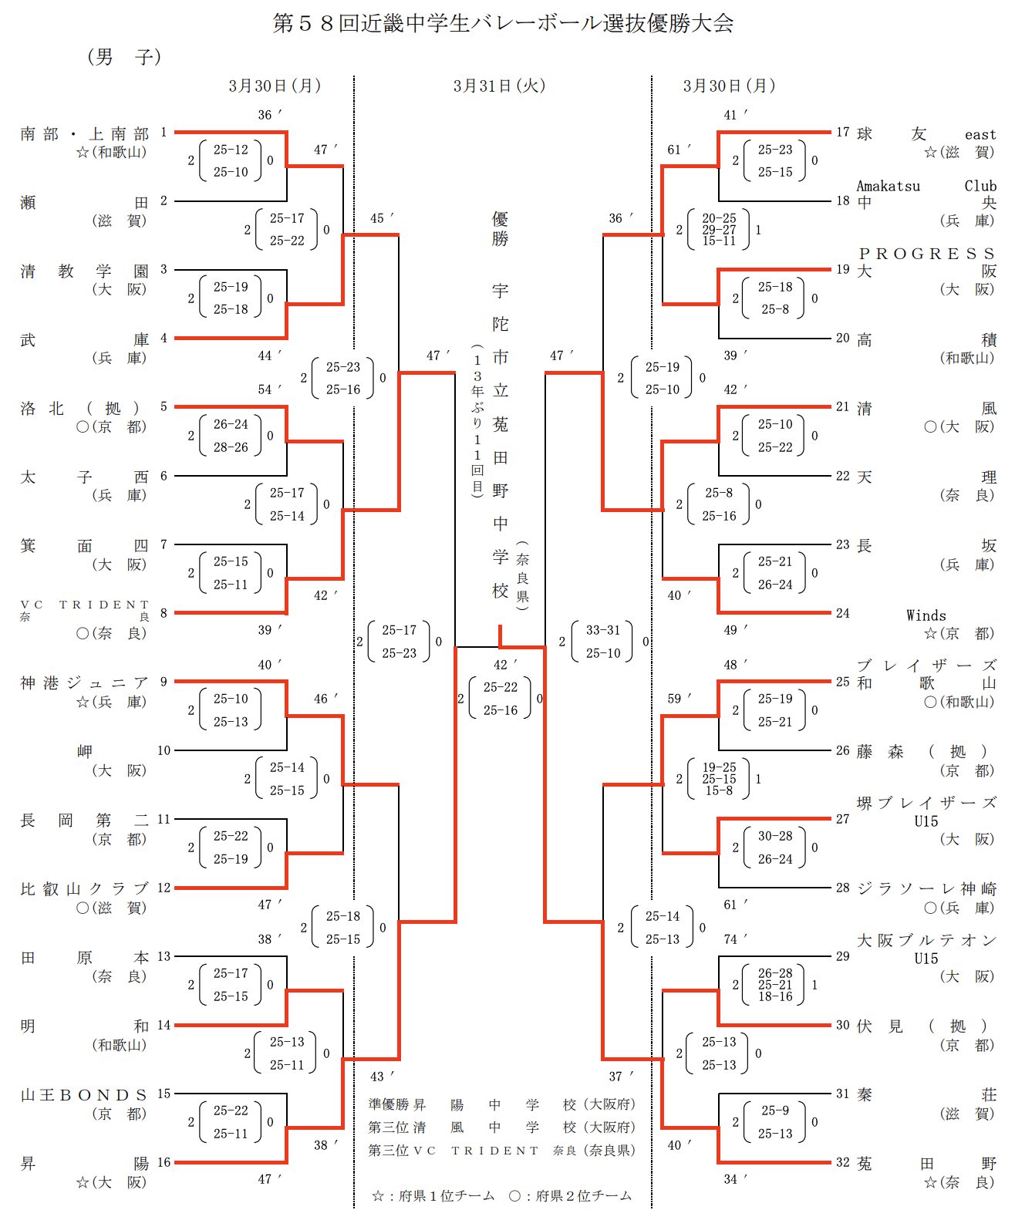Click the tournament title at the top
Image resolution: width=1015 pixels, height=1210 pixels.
503,23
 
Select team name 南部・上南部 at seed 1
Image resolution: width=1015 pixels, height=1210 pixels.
84,133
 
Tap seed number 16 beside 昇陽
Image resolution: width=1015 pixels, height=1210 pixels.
164,1162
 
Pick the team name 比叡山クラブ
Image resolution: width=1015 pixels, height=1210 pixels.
84,888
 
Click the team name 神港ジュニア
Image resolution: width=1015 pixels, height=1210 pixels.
84,683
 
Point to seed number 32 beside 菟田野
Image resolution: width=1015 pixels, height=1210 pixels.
843,1162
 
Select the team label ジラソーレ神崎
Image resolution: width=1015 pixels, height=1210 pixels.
926,888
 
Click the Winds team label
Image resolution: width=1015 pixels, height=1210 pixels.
926,615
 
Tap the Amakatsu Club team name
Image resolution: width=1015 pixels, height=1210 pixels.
926,186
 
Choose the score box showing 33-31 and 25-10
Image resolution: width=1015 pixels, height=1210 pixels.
602,642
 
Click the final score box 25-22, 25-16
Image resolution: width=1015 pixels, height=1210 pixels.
500,698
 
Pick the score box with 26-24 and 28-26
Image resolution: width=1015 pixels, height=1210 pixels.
231,436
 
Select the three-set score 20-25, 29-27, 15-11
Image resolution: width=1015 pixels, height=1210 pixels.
719,230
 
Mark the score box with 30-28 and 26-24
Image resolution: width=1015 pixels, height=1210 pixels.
774,848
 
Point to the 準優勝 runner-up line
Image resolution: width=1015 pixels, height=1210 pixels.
501,1104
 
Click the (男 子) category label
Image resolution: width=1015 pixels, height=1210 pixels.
123,56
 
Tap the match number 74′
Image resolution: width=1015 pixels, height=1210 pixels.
730,939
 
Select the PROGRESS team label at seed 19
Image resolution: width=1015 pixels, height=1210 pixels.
926,254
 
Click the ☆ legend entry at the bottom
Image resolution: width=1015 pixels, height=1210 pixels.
433,1195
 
